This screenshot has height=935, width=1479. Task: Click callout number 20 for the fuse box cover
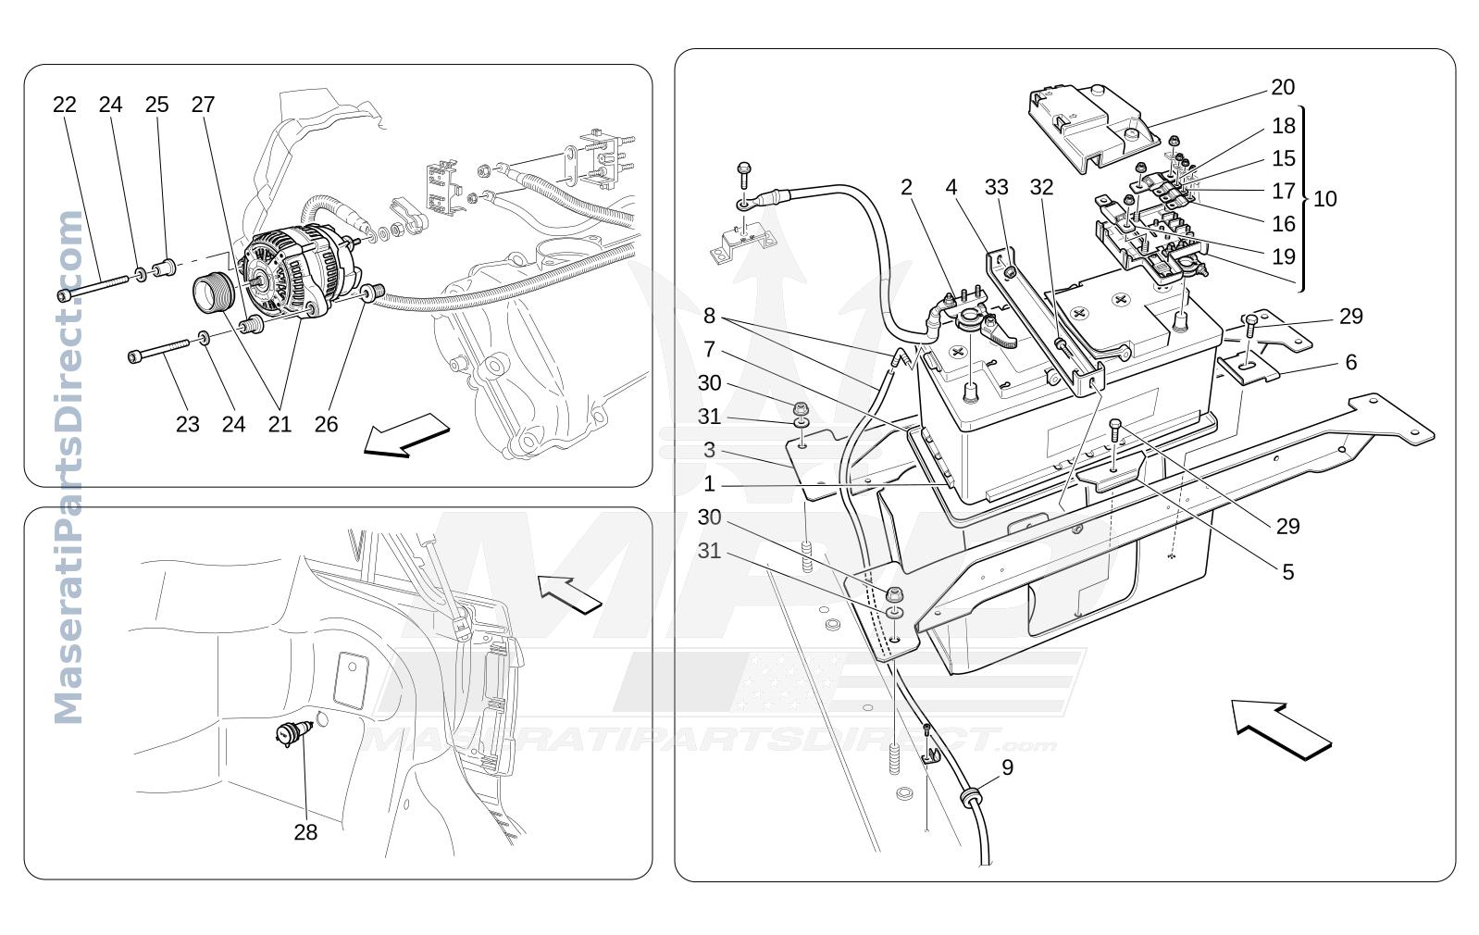[1282, 87]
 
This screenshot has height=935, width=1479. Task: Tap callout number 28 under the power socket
[305, 832]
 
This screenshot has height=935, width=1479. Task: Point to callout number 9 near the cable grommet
[1007, 767]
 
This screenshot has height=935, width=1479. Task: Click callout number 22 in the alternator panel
[65, 105]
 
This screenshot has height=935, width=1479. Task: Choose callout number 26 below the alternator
[326, 424]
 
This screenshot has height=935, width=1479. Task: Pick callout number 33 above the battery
[997, 188]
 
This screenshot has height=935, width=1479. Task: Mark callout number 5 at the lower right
[1287, 572]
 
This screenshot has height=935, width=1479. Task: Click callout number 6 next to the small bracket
[1351, 362]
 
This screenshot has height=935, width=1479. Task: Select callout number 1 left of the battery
[709, 484]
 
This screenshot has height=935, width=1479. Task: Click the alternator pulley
[213, 294]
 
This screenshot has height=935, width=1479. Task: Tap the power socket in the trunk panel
[292, 733]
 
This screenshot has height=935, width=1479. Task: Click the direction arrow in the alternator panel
[406, 435]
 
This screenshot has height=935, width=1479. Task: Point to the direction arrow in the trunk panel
[569, 594]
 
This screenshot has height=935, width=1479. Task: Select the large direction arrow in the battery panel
[1281, 729]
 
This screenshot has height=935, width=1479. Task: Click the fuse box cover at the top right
[1094, 129]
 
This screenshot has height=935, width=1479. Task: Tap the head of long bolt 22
[64, 294]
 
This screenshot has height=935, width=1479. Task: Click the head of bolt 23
[135, 357]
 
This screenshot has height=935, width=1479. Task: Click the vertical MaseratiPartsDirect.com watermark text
[68, 467]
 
